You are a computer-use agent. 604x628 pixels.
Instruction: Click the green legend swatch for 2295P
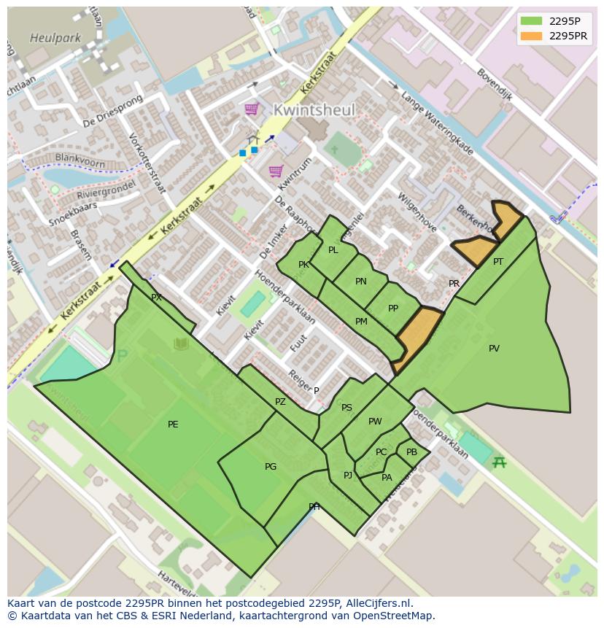coord(532,21)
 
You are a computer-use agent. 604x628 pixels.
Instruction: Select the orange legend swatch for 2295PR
coord(532,36)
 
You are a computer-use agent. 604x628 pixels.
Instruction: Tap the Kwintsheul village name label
coord(314,110)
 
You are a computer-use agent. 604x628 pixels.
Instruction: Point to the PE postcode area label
coord(173,425)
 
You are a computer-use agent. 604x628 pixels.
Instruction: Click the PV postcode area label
coord(494,349)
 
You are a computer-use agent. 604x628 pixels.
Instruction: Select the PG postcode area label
coord(271,467)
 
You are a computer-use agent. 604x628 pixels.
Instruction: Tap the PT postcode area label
coord(498,262)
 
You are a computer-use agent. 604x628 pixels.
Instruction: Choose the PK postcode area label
coord(303,265)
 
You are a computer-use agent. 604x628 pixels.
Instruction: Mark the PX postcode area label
coord(156,298)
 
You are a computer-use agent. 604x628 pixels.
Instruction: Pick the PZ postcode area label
coord(281,402)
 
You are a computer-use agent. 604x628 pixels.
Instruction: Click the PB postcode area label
coord(411,452)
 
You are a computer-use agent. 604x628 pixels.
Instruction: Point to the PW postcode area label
coord(375,422)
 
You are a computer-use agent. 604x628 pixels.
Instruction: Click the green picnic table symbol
coord(499,462)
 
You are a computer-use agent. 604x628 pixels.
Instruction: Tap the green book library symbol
coord(180,344)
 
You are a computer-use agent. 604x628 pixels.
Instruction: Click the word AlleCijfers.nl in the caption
coord(379,603)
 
